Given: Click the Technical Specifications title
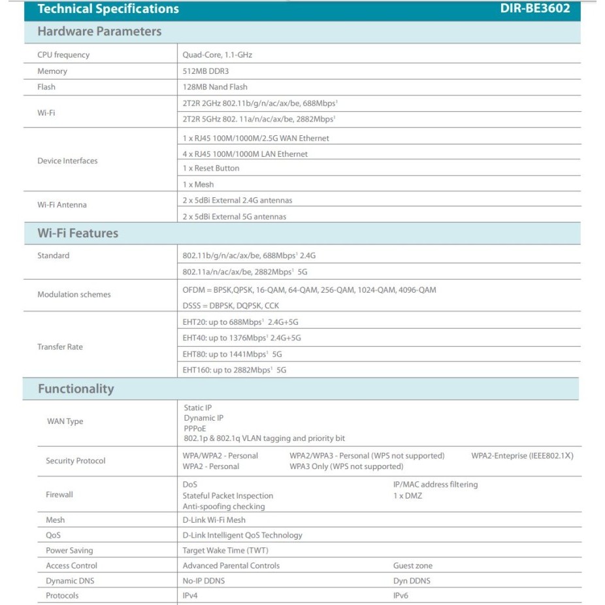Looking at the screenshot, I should click(x=108, y=9).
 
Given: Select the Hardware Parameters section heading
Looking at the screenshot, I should click(x=99, y=31).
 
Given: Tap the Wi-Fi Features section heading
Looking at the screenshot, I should click(x=78, y=233).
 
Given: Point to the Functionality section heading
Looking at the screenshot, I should click(x=76, y=389).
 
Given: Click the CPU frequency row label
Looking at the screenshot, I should click(x=63, y=55).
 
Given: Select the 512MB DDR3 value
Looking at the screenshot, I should click(x=206, y=71).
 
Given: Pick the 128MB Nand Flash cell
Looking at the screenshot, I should click(x=215, y=87).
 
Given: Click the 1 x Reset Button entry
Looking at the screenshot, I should click(x=211, y=168).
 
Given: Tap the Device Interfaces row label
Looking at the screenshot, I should click(x=67, y=161).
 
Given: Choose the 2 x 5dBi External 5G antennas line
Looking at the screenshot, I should click(x=235, y=216).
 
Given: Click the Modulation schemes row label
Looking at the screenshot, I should click(x=74, y=295).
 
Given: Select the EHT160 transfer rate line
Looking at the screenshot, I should click(x=235, y=370).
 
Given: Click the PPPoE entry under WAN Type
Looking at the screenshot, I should click(x=195, y=428).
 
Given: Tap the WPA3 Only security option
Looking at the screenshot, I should click(x=346, y=466).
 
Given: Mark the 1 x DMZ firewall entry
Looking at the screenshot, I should click(x=408, y=496).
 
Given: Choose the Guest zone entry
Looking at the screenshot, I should click(x=413, y=566).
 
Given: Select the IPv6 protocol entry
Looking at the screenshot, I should click(x=401, y=596).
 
